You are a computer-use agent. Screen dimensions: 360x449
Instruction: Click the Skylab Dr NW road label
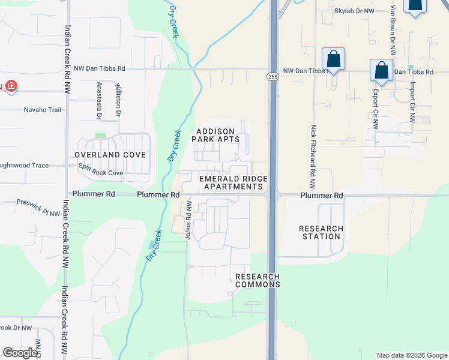tap(355, 11)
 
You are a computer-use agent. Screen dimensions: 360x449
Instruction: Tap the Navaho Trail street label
tap(43, 110)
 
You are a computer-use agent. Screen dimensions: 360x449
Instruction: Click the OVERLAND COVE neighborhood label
tap(110, 155)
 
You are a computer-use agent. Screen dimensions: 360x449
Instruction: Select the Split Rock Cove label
tap(101, 173)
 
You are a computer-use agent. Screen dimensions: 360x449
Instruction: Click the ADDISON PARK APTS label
tap(215, 135)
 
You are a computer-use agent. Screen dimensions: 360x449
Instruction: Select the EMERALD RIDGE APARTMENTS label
tap(233, 183)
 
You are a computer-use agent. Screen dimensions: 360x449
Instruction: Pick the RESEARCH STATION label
tap(321, 232)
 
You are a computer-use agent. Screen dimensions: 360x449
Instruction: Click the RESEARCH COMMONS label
tap(258, 280)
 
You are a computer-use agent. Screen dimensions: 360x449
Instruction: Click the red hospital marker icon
tap(10, 86)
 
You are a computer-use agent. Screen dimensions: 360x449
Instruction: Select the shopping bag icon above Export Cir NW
tap(381, 71)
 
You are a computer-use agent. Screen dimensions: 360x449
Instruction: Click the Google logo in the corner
tap(20, 353)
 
